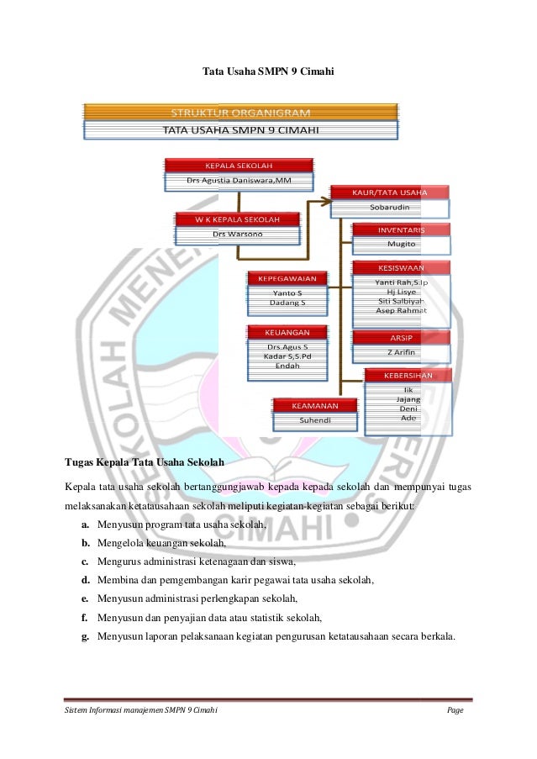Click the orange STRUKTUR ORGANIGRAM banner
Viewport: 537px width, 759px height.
240,112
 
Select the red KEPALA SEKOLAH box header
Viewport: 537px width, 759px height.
239,165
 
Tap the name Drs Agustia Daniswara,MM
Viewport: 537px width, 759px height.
239,180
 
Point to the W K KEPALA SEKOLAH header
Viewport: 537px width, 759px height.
237,219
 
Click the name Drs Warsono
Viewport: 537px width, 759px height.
237,234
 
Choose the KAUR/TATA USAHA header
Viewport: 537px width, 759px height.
389,192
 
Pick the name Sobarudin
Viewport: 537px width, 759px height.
389,207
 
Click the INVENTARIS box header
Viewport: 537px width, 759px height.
401,229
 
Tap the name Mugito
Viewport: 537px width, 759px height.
401,244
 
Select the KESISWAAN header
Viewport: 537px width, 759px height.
401,268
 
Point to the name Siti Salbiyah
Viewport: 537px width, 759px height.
401,300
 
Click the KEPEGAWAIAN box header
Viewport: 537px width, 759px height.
287,278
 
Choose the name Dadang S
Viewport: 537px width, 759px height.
287,302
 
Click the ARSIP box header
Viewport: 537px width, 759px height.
401,337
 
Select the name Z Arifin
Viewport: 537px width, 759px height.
401,352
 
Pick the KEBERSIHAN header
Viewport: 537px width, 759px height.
408,376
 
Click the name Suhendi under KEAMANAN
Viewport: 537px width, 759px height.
315,419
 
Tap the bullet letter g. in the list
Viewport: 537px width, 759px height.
86,636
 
